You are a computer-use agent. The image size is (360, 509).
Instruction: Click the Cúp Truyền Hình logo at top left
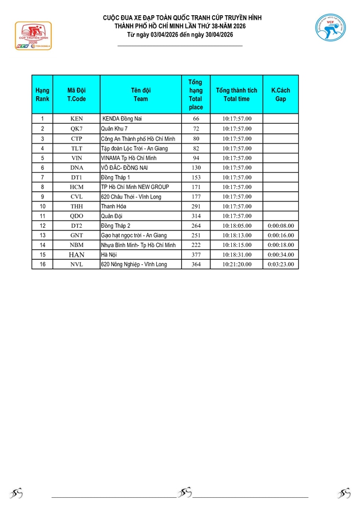click(x=33, y=36)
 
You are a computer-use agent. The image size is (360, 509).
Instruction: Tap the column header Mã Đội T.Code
click(x=76, y=94)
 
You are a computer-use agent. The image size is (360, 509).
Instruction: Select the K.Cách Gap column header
click(x=281, y=94)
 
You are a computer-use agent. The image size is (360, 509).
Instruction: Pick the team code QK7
click(x=76, y=129)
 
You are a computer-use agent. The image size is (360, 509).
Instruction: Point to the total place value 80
click(x=196, y=138)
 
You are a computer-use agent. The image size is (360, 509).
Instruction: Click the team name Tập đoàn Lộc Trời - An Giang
click(x=134, y=148)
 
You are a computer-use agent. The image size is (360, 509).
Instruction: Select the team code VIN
click(x=76, y=158)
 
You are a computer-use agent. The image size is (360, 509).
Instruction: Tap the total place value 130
click(x=196, y=168)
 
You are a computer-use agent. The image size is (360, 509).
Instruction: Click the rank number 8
click(x=42, y=187)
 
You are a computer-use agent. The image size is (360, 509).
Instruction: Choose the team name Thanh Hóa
click(x=113, y=206)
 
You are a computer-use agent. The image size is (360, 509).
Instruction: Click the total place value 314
click(x=196, y=216)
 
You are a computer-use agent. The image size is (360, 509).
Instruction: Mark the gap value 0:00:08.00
click(x=281, y=226)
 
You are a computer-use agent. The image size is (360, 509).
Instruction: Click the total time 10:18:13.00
click(x=237, y=235)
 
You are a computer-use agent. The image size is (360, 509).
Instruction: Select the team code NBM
click(x=76, y=245)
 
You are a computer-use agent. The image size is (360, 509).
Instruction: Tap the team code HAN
click(x=76, y=255)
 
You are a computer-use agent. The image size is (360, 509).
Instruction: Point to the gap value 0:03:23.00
click(x=281, y=264)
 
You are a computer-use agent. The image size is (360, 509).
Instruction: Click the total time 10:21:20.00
click(x=237, y=264)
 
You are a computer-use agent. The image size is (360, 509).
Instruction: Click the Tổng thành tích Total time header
click(x=237, y=94)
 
